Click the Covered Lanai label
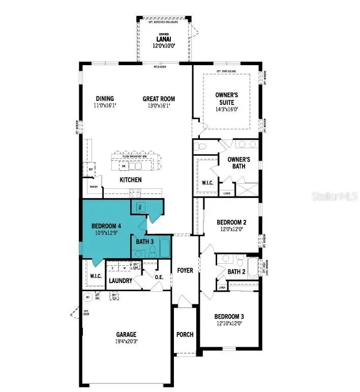163,39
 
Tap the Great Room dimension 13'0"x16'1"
159,106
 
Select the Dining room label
105,99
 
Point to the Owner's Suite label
226,98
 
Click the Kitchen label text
131,180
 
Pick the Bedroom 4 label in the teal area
107,226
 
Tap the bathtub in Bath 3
164,248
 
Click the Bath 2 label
236,272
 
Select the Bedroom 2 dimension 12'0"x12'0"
231,230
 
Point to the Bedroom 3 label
231,316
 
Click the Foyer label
185,270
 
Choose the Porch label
185,334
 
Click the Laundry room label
121,281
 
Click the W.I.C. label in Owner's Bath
207,182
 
